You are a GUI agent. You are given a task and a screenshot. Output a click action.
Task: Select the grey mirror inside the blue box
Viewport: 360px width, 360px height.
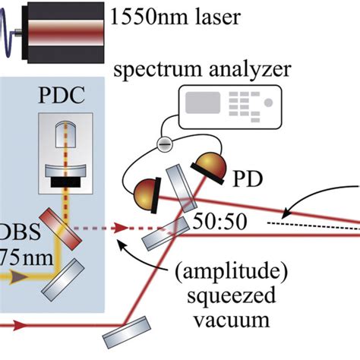[65, 279]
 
